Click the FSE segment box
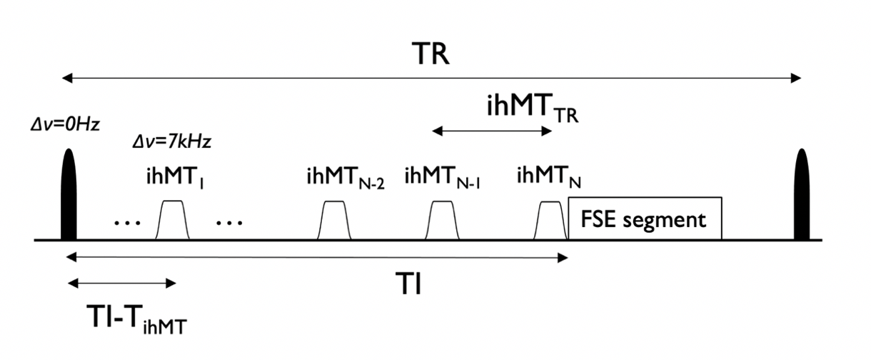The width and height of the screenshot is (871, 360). (x=644, y=218)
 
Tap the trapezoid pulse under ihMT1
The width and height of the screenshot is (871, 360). (x=173, y=220)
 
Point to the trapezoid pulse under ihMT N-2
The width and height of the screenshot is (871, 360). (x=335, y=220)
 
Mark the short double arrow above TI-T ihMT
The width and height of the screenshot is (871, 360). (x=121, y=284)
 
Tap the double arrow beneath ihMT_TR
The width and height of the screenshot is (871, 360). (x=493, y=131)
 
